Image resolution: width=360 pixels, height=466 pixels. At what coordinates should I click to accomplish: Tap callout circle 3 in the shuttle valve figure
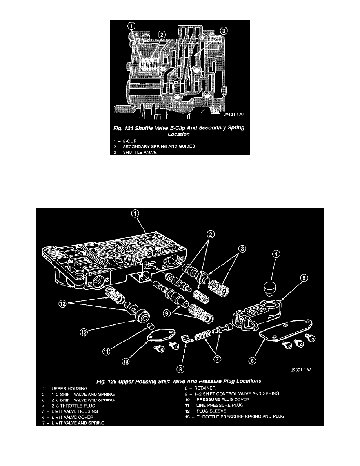(x=223, y=31)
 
